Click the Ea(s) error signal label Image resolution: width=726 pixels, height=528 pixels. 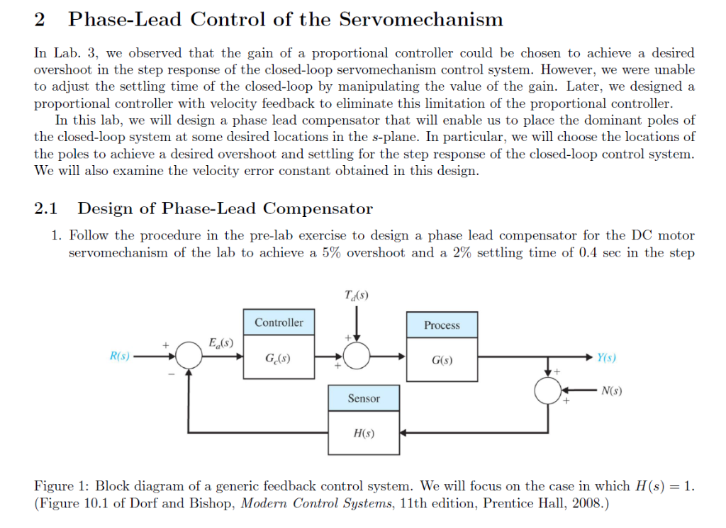216,343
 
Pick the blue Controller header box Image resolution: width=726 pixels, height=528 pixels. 279,322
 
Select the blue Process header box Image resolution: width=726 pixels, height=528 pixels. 442,325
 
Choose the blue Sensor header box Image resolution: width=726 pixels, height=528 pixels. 364,398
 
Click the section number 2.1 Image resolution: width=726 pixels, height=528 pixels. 45,208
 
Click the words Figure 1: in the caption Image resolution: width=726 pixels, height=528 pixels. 62,486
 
